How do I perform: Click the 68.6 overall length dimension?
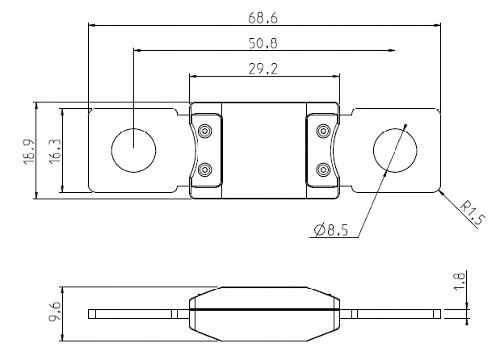coord(264,15)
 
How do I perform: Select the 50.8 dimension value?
coord(264,42)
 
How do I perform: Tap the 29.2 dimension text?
coord(264,69)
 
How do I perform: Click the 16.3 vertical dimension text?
coord(54,151)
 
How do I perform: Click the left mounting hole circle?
coord(132,149)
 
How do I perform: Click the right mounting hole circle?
coord(396,149)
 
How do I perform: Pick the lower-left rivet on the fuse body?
coord(205,170)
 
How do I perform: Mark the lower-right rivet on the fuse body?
coord(323,170)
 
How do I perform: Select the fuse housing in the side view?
coord(264,311)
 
